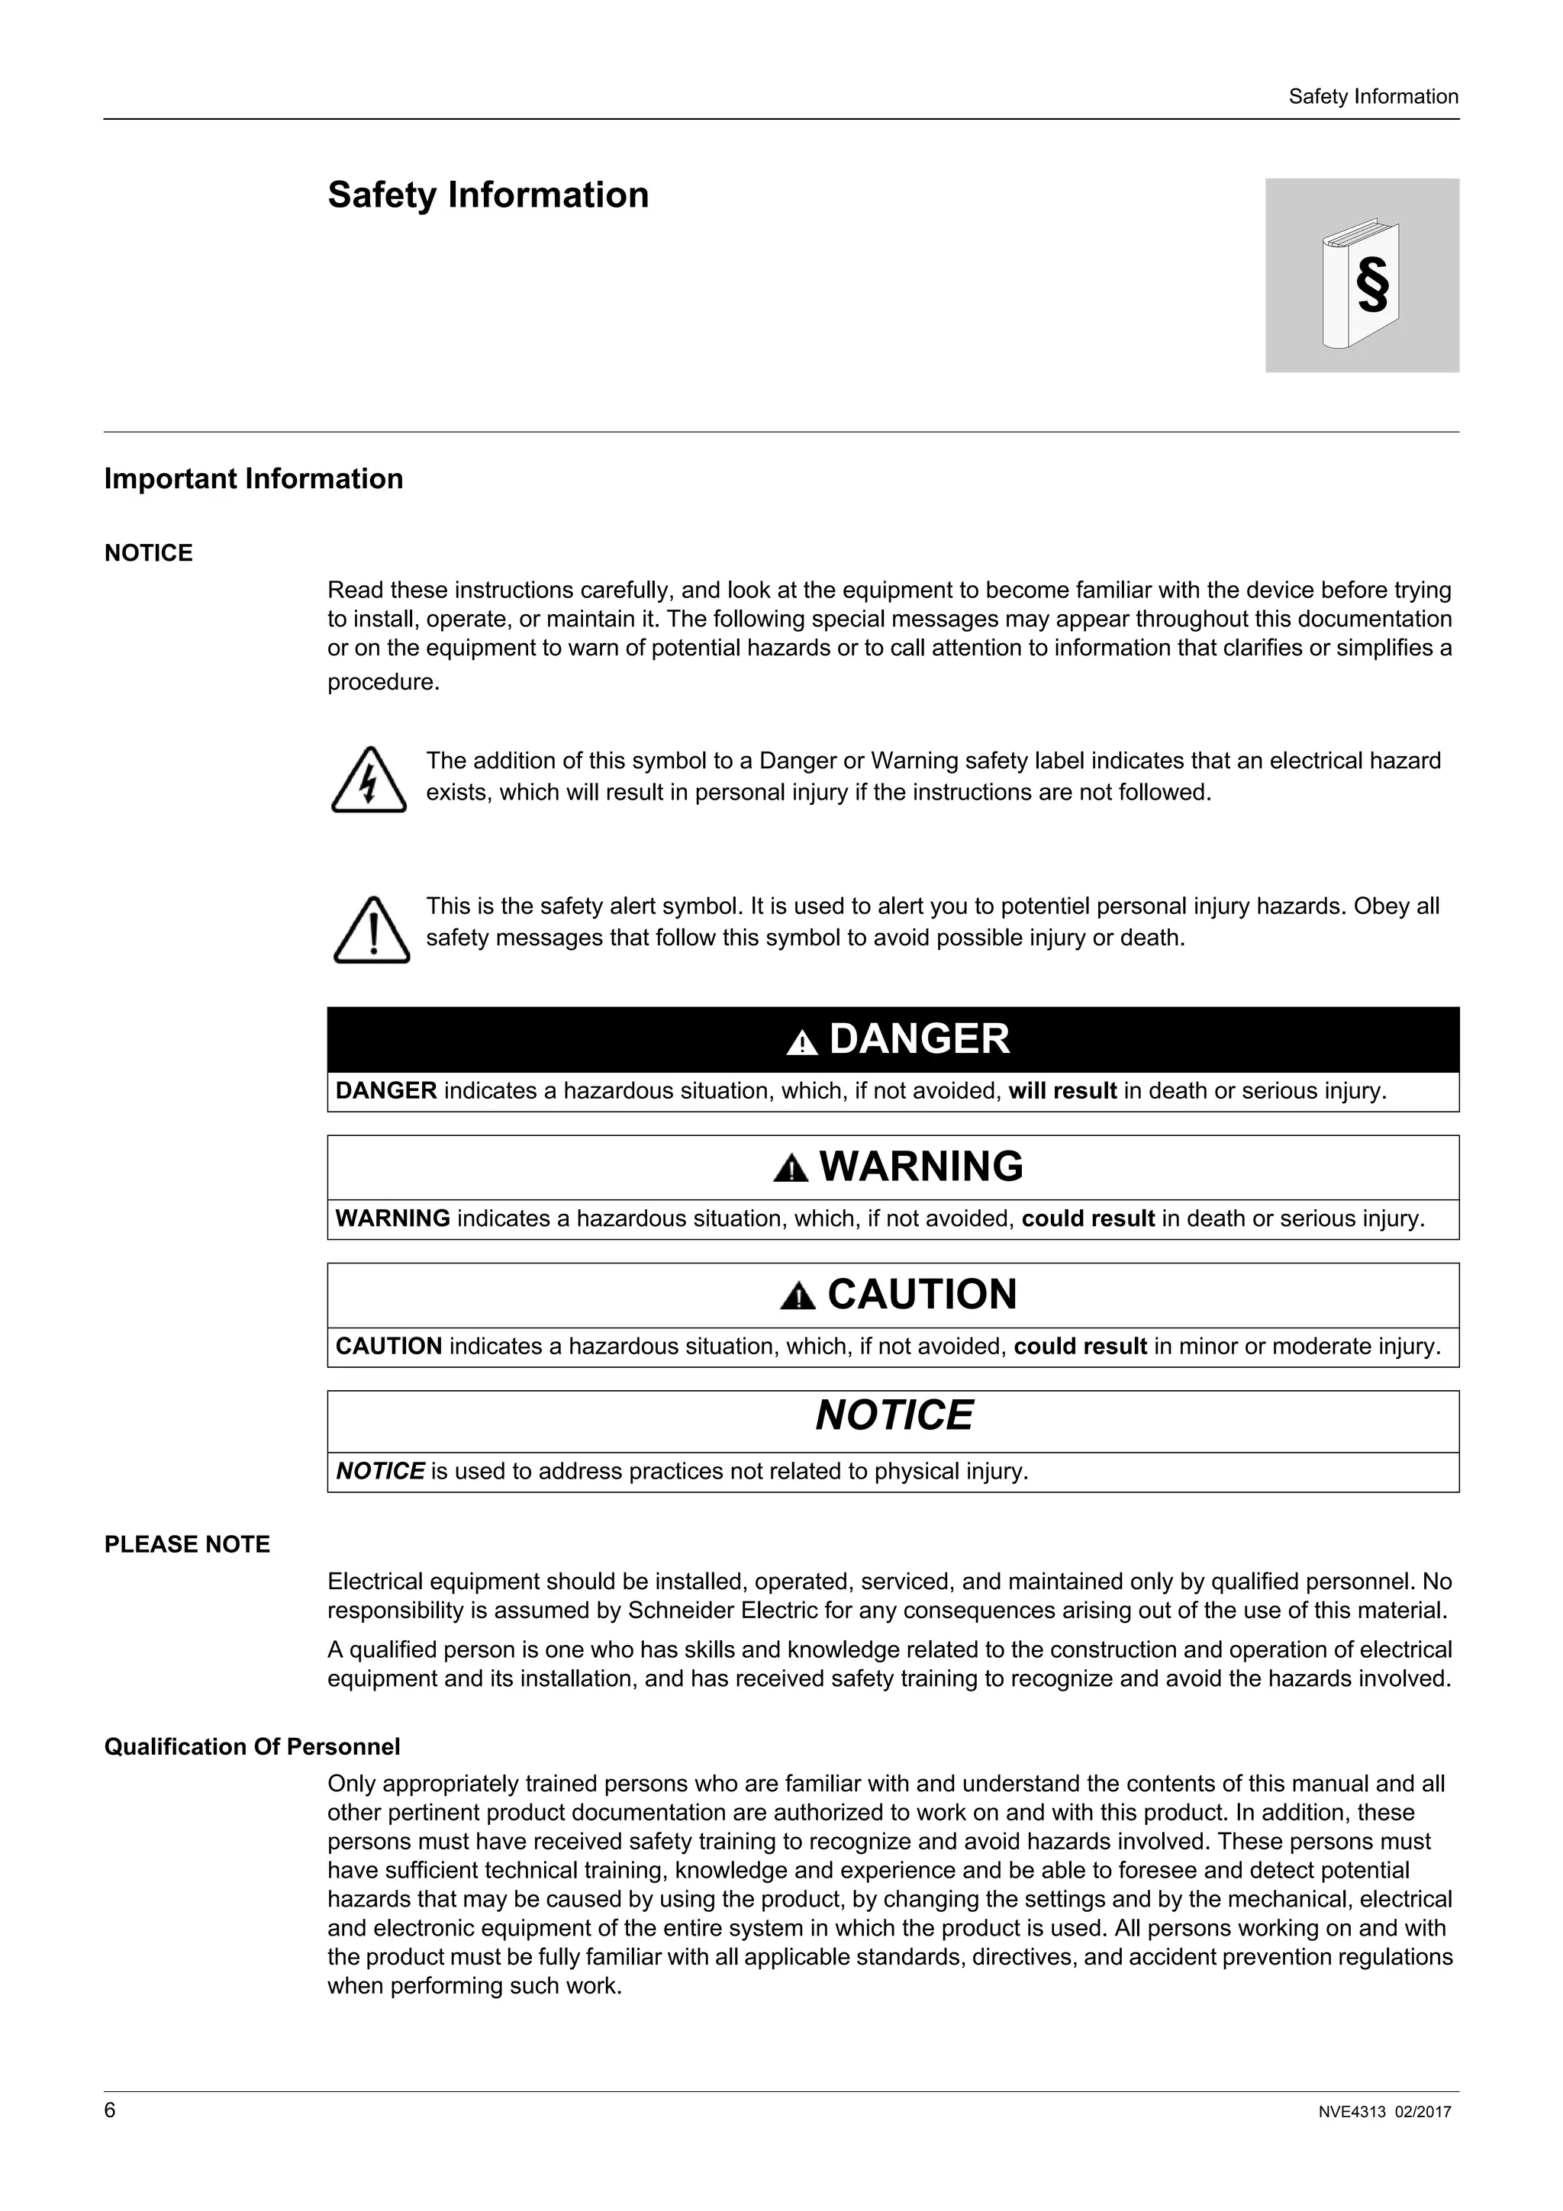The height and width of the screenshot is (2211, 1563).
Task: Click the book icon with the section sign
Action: [x=1361, y=282]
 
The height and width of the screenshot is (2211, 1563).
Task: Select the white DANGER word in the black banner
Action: [x=919, y=1039]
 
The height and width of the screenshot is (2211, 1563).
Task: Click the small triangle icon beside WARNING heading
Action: [x=791, y=1169]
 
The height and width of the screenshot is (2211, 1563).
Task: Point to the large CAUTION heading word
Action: [x=922, y=1294]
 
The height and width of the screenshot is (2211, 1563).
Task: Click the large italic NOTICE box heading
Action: [x=894, y=1415]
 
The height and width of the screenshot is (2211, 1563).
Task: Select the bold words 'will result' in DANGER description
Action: [x=1062, y=1091]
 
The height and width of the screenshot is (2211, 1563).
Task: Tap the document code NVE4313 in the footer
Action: [x=1351, y=2113]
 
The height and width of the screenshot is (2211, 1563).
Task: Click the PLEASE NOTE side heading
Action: [x=187, y=1545]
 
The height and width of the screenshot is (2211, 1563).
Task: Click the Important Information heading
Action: [x=253, y=478]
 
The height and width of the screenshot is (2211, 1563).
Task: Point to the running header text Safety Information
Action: [x=1372, y=96]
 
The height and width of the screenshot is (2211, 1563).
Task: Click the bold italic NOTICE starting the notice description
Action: [x=379, y=1472]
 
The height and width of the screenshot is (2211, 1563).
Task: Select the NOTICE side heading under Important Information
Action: [x=148, y=552]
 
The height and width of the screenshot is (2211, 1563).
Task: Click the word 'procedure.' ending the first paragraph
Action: [x=383, y=683]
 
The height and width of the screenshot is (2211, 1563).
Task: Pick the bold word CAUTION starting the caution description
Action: [x=388, y=1347]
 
